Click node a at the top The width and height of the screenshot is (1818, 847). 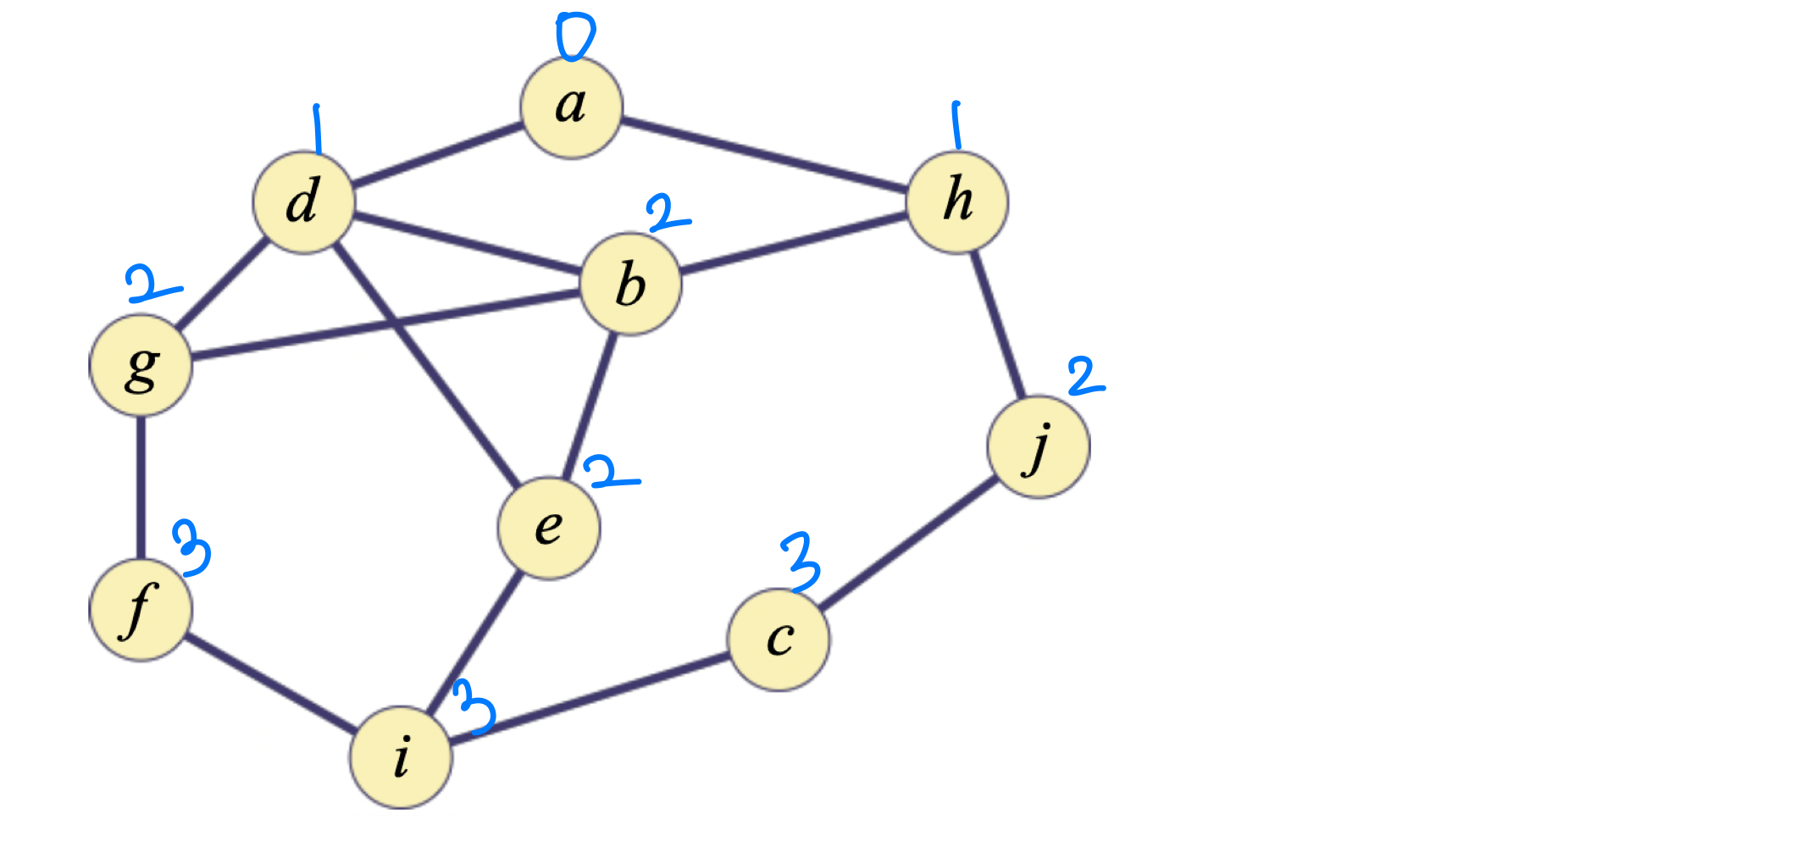point(572,108)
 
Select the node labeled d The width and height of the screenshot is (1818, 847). point(303,202)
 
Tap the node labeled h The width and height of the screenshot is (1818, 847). point(957,202)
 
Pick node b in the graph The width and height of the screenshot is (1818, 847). point(630,284)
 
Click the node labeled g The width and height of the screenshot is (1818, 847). point(141,365)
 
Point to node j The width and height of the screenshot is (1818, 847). point(1039,446)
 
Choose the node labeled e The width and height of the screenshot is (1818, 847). point(549,528)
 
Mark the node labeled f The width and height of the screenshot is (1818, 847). point(141,609)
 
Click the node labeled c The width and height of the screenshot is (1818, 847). point(779,639)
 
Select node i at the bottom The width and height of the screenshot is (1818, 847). point(402,756)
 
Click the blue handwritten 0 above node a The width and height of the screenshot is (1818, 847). point(574,36)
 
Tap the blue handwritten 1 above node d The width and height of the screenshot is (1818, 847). point(317,129)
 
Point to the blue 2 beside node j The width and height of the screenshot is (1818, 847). point(1084,376)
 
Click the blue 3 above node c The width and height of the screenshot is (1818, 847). point(801,561)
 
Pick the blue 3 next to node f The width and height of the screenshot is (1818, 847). point(192,547)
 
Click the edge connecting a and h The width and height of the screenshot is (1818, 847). point(762,154)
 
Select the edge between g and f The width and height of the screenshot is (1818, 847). point(141,487)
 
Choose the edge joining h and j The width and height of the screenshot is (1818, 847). point(998,324)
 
